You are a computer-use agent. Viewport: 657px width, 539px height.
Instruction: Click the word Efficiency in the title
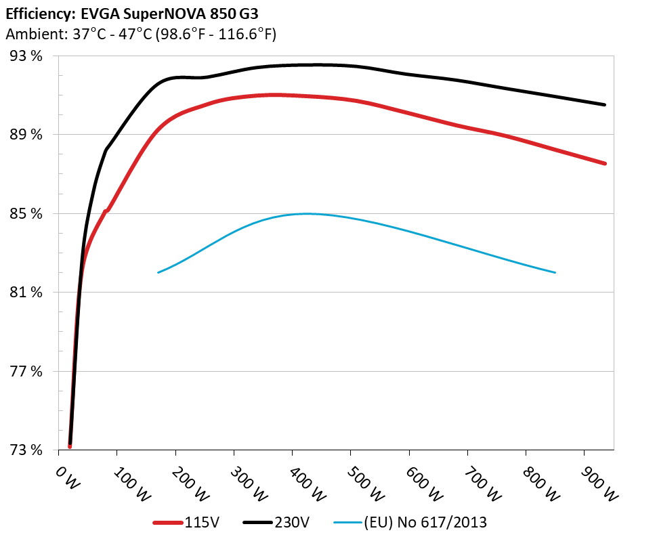(36, 13)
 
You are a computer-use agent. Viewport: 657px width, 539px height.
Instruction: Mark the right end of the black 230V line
(604, 105)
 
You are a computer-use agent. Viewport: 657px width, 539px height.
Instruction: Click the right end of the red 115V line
(604, 164)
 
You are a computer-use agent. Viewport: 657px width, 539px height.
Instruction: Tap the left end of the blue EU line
(158, 272)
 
